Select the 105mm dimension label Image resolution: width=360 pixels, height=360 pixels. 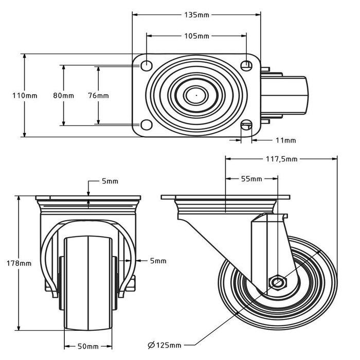point(196,36)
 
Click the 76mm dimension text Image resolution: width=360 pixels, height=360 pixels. point(98,96)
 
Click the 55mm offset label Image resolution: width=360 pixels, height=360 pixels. point(251,179)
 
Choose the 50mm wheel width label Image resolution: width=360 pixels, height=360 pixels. point(88,346)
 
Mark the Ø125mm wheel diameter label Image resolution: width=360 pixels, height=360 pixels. point(164,344)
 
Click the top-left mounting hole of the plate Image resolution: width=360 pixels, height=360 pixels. point(146,65)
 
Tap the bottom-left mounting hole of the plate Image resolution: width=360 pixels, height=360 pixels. point(146,125)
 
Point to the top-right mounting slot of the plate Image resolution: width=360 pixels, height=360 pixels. point(246,65)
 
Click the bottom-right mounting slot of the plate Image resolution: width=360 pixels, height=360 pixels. point(246,125)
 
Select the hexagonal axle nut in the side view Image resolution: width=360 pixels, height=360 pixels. point(278,282)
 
